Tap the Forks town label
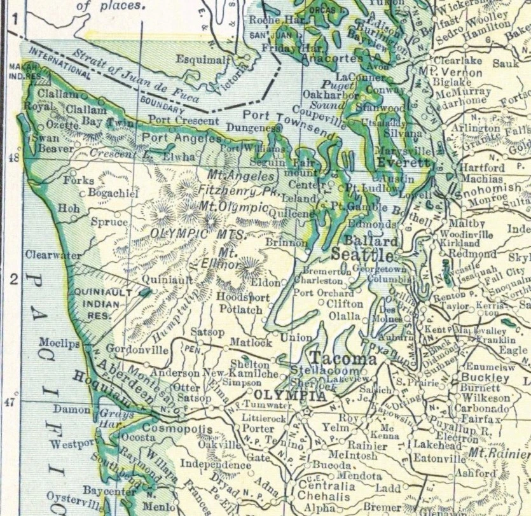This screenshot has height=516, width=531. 78,181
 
